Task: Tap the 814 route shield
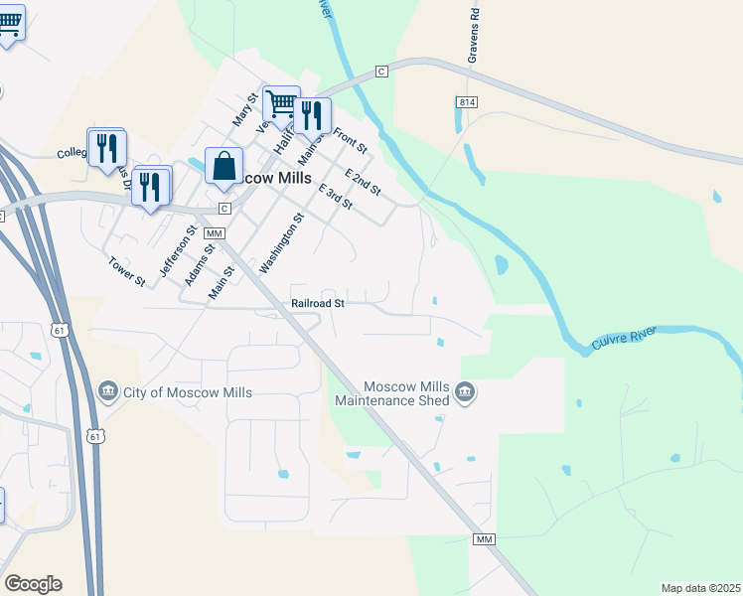click(465, 102)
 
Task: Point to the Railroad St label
click(318, 303)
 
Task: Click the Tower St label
click(127, 272)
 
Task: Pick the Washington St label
click(280, 243)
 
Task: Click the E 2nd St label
click(363, 182)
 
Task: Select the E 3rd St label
click(335, 196)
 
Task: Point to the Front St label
click(351, 140)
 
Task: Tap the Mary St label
click(244, 109)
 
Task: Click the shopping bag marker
click(224, 165)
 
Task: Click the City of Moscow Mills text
click(188, 392)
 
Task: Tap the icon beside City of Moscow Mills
click(109, 392)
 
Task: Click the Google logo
click(33, 584)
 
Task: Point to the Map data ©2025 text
click(699, 588)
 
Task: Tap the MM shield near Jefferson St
click(214, 232)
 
